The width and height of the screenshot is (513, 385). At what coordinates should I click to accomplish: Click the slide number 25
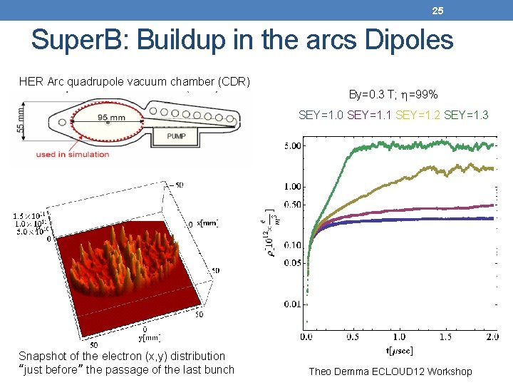tap(437, 10)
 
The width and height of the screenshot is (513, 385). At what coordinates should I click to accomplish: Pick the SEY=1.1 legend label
tap(368, 115)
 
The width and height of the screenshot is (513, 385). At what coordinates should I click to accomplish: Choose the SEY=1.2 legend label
tap(418, 115)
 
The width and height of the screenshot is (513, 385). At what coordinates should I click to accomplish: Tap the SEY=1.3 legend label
tap(465, 115)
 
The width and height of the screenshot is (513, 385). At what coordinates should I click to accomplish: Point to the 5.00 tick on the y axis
tap(292, 145)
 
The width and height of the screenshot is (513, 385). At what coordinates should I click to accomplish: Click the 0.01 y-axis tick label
tap(292, 305)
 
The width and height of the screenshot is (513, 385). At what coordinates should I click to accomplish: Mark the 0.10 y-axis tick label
tap(292, 245)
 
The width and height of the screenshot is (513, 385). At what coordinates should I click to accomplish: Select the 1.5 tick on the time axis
tap(447, 336)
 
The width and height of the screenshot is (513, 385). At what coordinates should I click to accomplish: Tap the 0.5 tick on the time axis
tap(353, 336)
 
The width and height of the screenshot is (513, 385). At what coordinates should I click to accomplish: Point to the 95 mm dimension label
tap(112, 118)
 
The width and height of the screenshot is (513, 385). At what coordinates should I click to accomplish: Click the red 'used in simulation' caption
tap(69, 154)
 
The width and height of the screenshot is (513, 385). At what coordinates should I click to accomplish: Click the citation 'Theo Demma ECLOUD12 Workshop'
tap(390, 371)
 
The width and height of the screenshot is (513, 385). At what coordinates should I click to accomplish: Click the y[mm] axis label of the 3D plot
tap(149, 337)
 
